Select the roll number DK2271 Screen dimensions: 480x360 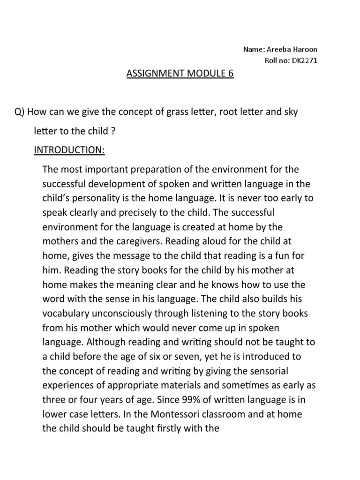coord(304,60)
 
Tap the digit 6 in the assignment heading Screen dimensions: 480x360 coord(230,74)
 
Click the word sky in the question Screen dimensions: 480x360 coord(290,113)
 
